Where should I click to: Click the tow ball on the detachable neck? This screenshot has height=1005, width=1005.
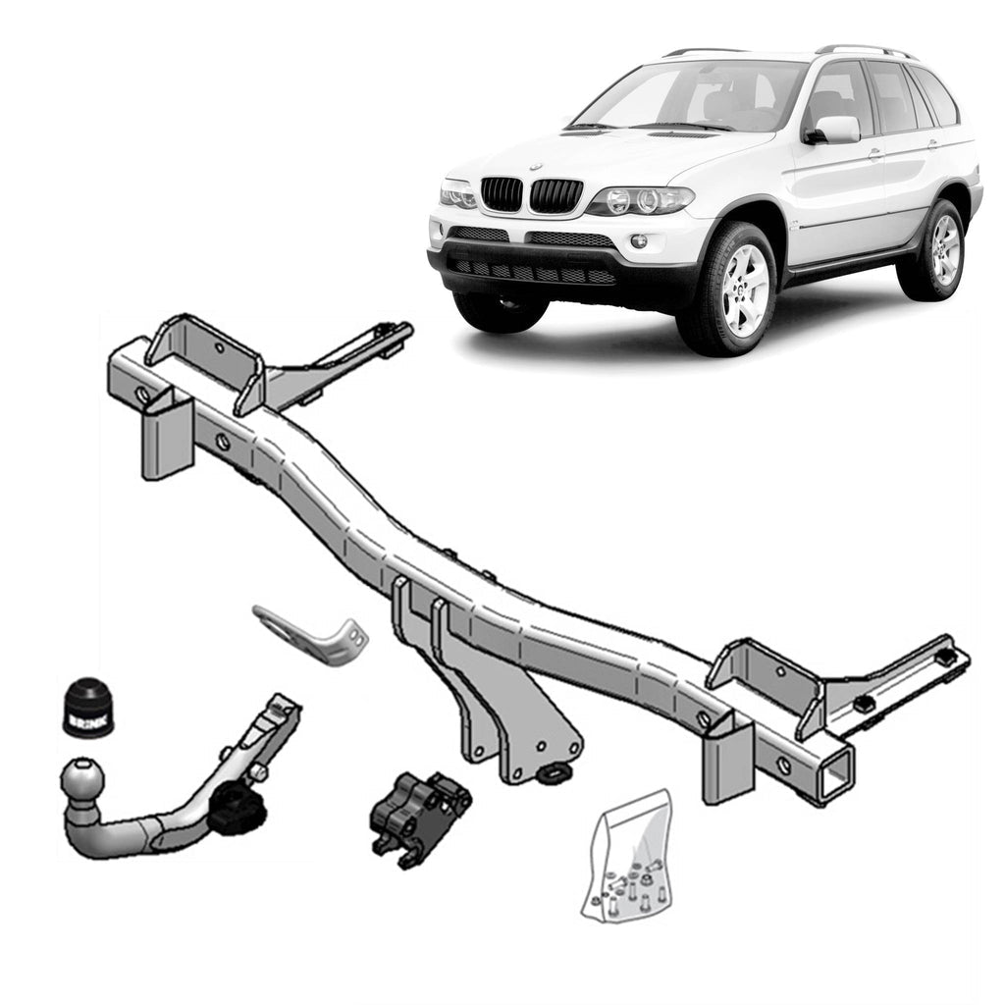tap(82, 780)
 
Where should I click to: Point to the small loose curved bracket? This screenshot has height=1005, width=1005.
tap(312, 634)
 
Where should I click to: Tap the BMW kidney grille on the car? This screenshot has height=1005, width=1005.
tap(530, 194)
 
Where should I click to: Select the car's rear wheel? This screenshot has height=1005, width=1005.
tap(932, 250)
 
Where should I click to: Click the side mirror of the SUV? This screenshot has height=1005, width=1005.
tap(832, 130)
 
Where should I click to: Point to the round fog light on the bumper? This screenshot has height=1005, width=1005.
tap(639, 241)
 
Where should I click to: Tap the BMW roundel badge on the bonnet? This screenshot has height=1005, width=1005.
tap(536, 168)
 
